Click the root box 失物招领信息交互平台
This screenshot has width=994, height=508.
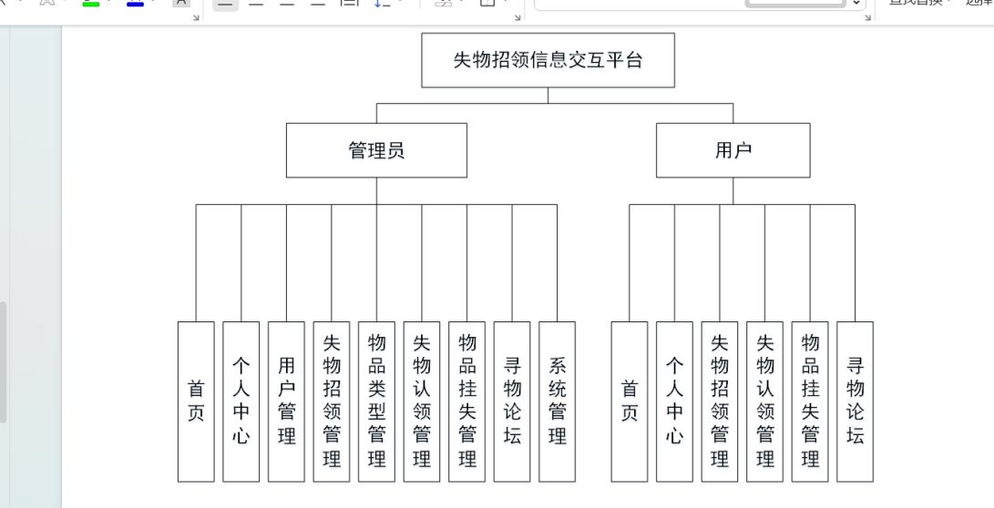[x=548, y=60]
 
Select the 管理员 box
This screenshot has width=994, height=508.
[x=376, y=150]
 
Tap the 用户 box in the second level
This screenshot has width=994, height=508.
[x=733, y=150]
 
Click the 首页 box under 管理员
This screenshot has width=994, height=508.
[x=196, y=401]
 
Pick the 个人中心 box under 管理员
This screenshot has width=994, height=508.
[x=241, y=401]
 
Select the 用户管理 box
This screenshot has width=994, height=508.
[x=286, y=401]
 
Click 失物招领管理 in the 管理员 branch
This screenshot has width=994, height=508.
[x=332, y=401]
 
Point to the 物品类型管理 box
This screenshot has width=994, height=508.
[x=376, y=401]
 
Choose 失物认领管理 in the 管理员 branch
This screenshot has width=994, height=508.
[x=422, y=401]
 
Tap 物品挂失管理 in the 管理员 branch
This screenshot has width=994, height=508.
[x=467, y=401]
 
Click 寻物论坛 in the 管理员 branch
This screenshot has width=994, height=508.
[x=512, y=401]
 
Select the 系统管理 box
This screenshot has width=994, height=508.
[x=557, y=401]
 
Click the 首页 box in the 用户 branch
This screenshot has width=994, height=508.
[x=630, y=401]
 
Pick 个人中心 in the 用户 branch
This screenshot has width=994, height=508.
[x=674, y=401]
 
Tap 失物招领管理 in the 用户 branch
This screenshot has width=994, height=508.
[x=720, y=401]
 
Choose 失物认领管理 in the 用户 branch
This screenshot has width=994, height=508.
[x=764, y=401]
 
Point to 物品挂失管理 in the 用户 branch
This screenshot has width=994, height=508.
[x=810, y=401]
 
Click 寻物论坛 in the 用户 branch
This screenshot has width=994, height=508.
[x=855, y=401]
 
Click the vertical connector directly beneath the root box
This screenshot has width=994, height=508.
[x=548, y=96]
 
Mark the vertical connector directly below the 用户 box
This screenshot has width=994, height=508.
[x=733, y=191]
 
